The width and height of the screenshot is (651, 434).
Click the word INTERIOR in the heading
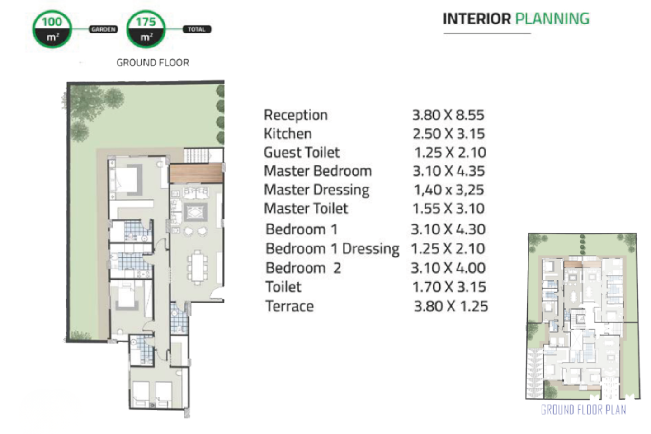click(x=476, y=19)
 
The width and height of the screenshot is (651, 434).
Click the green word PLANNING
click(x=552, y=19)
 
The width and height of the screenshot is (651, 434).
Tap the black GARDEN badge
click(x=103, y=29)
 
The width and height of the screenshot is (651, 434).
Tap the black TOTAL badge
click(x=197, y=29)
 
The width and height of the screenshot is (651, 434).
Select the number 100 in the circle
click(x=52, y=22)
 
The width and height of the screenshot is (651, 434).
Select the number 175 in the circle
click(x=146, y=22)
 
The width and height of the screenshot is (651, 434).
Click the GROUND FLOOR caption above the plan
click(x=153, y=62)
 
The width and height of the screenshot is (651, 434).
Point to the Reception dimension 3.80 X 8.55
click(x=448, y=115)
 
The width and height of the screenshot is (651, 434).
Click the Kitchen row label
click(x=288, y=134)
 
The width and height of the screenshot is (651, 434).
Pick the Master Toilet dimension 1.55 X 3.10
click(x=448, y=209)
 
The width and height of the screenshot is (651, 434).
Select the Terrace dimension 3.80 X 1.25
click(x=451, y=306)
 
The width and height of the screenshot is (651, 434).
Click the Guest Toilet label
click(x=302, y=152)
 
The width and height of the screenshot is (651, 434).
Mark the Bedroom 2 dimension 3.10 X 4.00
click(x=448, y=268)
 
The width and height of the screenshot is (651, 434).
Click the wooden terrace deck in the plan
click(x=196, y=173)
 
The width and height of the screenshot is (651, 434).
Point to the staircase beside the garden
click(x=197, y=155)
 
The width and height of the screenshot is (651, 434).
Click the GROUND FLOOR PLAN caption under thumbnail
click(x=583, y=410)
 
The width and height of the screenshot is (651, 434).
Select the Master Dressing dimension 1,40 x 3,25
click(x=448, y=190)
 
